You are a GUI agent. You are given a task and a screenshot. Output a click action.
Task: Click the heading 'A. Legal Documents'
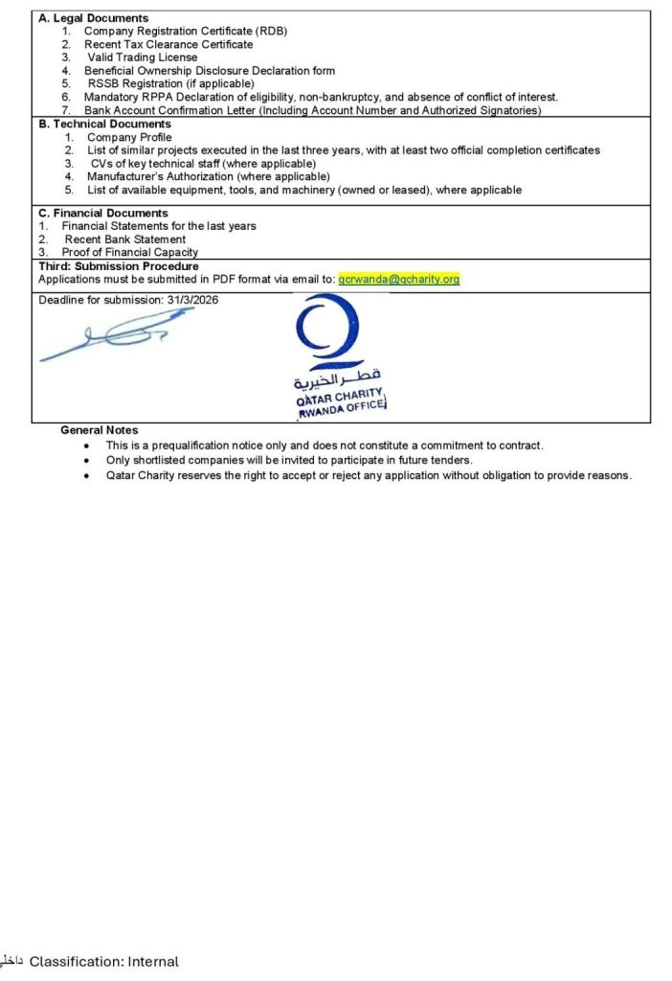(x=94, y=18)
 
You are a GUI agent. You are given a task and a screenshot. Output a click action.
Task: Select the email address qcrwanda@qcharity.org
(x=399, y=279)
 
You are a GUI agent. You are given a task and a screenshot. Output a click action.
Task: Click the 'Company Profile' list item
(x=129, y=137)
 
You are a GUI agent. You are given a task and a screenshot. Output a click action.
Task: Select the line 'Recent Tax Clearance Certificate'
(x=168, y=44)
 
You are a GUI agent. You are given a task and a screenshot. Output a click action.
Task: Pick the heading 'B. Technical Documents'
(x=104, y=125)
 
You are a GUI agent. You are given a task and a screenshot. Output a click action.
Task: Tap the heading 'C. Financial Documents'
(x=103, y=213)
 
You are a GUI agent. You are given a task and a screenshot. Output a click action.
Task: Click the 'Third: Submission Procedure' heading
(x=119, y=265)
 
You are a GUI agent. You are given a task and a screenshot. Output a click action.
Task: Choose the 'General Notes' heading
(x=99, y=430)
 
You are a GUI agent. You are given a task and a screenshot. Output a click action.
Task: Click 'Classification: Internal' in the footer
(x=103, y=961)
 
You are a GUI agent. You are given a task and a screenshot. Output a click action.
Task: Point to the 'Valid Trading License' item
(x=143, y=57)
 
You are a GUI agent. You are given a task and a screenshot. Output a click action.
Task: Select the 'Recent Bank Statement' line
(x=124, y=240)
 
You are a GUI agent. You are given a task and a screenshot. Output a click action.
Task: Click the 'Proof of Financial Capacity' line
(x=130, y=252)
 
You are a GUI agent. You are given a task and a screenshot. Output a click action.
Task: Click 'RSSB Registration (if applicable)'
(x=170, y=83)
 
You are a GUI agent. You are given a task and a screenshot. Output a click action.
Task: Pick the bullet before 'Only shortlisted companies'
(x=88, y=461)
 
